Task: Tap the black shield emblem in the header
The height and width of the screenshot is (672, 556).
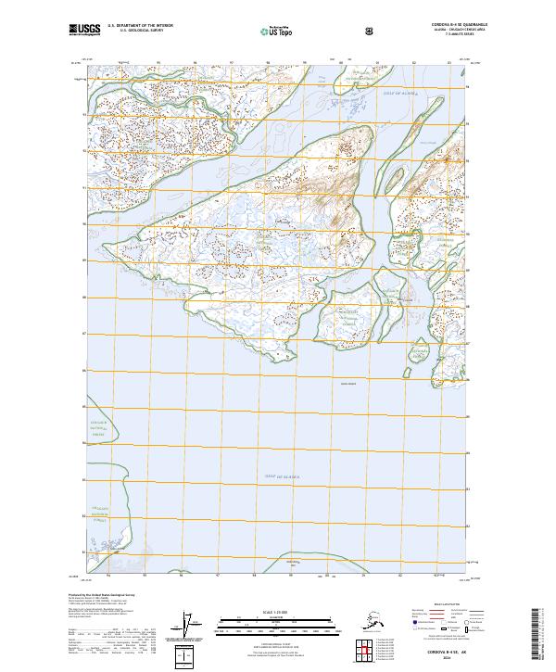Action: (x=369, y=31)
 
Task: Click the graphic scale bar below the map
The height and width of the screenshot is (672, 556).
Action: (x=272, y=623)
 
